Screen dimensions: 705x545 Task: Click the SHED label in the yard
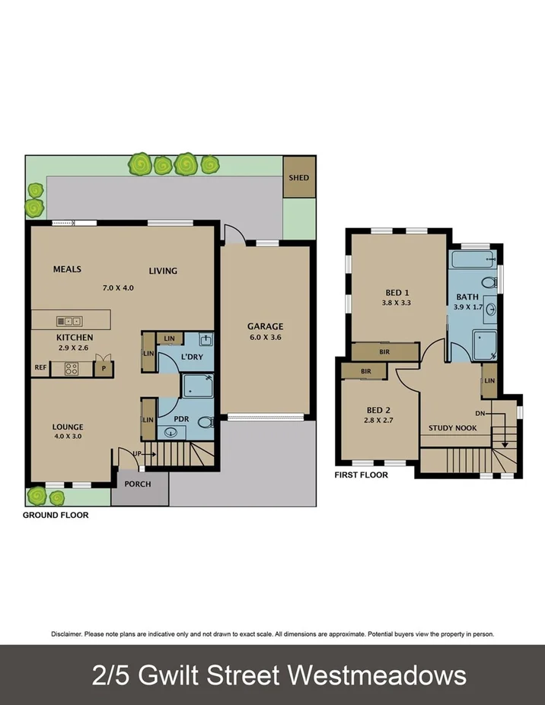pos(298,177)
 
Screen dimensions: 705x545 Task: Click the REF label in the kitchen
pos(40,368)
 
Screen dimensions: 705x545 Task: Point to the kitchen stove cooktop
pos(72,369)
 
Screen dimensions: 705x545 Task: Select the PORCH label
pos(137,484)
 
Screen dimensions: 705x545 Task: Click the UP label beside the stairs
pos(137,454)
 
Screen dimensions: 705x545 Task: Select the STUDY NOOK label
pos(452,427)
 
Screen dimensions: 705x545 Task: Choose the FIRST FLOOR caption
pos(361,475)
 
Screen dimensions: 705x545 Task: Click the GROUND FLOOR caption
pos(55,515)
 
